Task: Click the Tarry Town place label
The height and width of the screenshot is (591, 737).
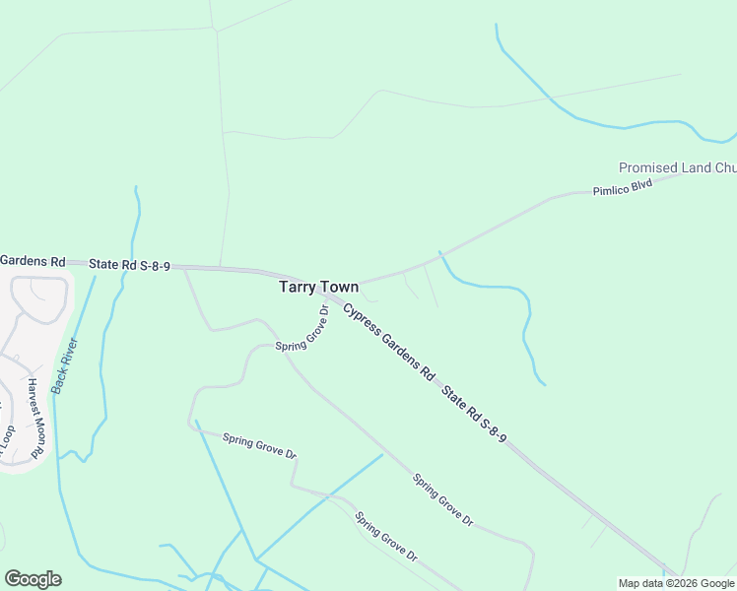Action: click(318, 287)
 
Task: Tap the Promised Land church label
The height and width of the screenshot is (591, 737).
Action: click(678, 167)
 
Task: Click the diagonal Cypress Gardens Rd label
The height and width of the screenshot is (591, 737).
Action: click(389, 342)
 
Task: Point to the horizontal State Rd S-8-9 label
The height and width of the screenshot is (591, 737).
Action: click(130, 265)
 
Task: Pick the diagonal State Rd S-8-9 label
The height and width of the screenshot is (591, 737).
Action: click(474, 413)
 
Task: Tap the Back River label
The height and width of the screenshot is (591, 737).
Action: click(65, 366)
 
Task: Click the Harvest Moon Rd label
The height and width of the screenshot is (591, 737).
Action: click(35, 417)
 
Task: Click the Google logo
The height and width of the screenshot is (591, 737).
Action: click(33, 579)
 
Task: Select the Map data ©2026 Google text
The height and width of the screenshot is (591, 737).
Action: click(676, 583)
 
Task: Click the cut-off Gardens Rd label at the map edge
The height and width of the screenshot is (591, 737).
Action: click(33, 261)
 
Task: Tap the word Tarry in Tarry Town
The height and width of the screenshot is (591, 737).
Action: click(298, 287)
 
